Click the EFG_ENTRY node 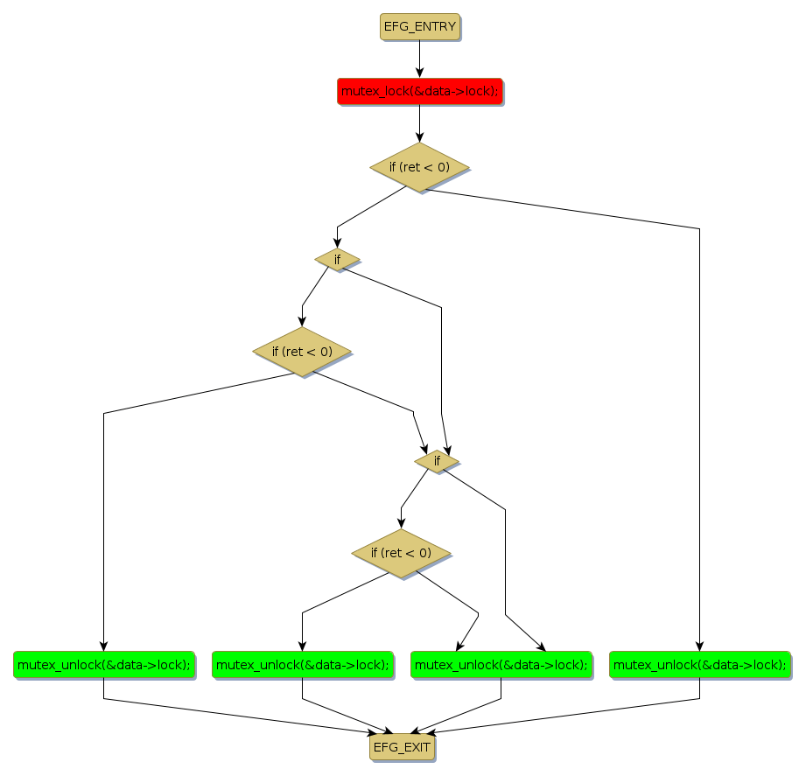[x=420, y=26]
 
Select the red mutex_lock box [x=420, y=91]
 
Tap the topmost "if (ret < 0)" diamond [x=420, y=166]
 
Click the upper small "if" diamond [x=337, y=259]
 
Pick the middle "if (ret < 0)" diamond [x=302, y=352]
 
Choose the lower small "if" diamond [x=437, y=460]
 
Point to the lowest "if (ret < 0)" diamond [x=401, y=553]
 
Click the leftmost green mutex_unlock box [x=103, y=665]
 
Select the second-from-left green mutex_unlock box [x=302, y=665]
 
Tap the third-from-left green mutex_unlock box [x=501, y=665]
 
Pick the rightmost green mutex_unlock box [x=699, y=665]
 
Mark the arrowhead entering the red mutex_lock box [x=420, y=73]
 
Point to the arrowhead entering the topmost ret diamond [x=420, y=136]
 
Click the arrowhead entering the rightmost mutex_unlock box [x=699, y=646]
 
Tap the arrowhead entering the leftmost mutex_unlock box [x=103, y=646]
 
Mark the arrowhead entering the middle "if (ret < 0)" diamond [x=302, y=322]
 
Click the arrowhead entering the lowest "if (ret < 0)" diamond [x=401, y=523]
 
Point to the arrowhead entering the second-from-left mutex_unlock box [x=302, y=646]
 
